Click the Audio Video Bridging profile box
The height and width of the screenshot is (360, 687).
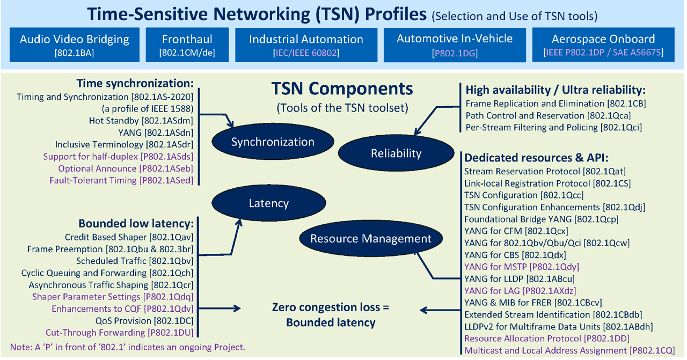point(75,45)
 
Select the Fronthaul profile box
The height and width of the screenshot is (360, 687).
point(187,45)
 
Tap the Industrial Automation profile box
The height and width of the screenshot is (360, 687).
point(306,45)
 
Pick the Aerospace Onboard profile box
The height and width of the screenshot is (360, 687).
point(603,45)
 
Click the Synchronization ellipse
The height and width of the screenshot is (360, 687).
point(273,142)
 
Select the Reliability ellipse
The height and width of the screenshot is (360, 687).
point(396,153)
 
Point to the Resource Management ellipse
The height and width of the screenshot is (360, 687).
point(371,239)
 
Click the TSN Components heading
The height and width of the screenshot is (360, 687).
point(342,89)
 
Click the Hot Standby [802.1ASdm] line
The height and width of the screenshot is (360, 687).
point(141,121)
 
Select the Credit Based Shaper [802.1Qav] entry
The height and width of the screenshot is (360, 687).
point(129,237)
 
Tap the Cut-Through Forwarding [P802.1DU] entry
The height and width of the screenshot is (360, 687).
point(119,333)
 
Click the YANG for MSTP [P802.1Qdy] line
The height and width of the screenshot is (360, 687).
point(521,266)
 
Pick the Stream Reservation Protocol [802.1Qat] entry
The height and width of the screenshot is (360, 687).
point(545,172)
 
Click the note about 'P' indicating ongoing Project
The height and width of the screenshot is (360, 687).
point(127,347)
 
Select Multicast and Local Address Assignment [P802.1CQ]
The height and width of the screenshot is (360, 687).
point(569,351)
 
